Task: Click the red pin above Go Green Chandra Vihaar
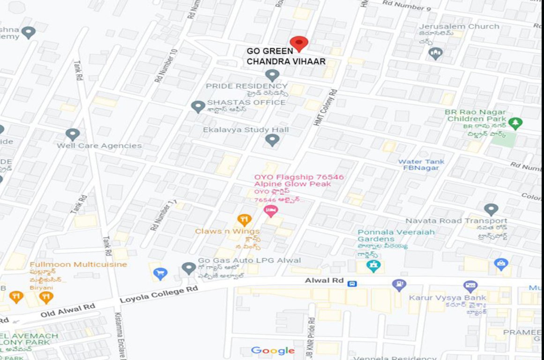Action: pyautogui.click(x=298, y=44)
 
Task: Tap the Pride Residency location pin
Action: pyautogui.click(x=272, y=75)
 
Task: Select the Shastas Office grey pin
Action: pyautogui.click(x=198, y=106)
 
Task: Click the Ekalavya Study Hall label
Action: pyautogui.click(x=246, y=130)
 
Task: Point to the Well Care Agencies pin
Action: pyautogui.click(x=73, y=135)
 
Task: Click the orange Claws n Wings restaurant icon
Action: pyautogui.click(x=244, y=219)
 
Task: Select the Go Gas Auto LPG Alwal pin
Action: pyautogui.click(x=189, y=268)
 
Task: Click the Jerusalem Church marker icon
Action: pyautogui.click(x=436, y=53)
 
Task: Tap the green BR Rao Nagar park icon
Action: pyautogui.click(x=515, y=123)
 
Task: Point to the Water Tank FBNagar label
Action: pyautogui.click(x=421, y=165)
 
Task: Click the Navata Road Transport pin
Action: pyautogui.click(x=491, y=210)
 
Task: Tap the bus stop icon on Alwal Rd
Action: pyautogui.click(x=352, y=283)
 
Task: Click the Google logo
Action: pyautogui.click(x=273, y=351)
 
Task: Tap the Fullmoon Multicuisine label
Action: pyautogui.click(x=78, y=264)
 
